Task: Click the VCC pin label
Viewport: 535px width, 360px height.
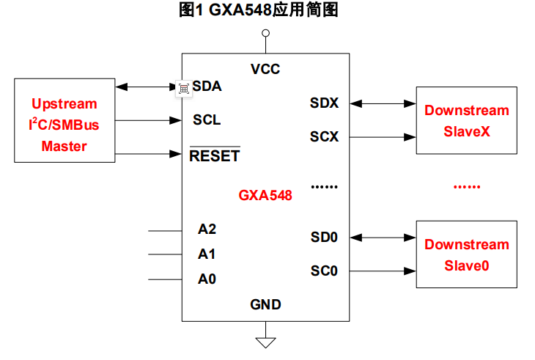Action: point(265,70)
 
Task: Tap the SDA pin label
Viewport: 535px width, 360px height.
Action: point(207,86)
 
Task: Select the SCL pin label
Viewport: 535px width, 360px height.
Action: point(207,120)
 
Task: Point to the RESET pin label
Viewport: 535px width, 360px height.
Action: point(215,155)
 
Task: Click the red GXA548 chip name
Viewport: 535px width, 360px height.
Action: point(265,196)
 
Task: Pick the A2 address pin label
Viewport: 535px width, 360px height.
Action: point(207,229)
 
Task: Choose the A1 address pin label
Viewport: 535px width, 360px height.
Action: point(207,254)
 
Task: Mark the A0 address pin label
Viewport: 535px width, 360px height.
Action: point(207,279)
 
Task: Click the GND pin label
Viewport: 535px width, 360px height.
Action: point(265,304)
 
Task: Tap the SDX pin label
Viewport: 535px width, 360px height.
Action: point(324,103)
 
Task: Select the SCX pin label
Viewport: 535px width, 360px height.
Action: point(324,136)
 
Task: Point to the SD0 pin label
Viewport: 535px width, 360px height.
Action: point(324,237)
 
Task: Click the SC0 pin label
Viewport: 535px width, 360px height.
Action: point(324,271)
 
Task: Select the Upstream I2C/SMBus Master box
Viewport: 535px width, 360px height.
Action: point(64,120)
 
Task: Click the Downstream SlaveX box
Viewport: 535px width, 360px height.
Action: point(466,120)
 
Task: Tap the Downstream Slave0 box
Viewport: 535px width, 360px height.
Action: point(466,254)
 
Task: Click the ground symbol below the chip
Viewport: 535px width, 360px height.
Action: point(265,341)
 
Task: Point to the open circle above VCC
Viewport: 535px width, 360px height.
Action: point(265,33)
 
